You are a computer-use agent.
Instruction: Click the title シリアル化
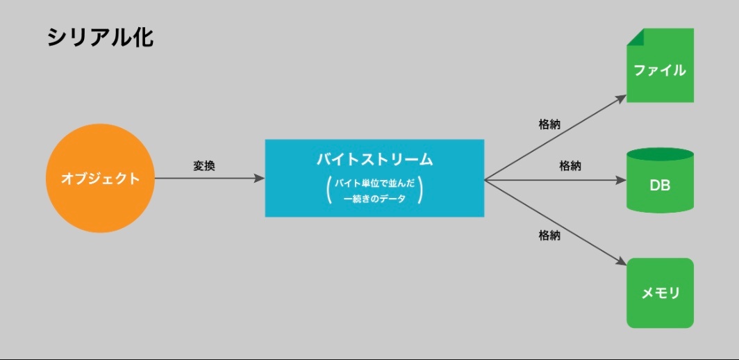[x=100, y=37]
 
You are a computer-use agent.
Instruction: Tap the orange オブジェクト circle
[x=100, y=179]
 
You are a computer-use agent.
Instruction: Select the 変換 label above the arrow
[x=204, y=166]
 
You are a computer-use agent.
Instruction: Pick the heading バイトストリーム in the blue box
[x=374, y=159]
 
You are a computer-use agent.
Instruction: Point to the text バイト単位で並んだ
[x=374, y=183]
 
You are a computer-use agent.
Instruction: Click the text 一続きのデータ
[x=374, y=198]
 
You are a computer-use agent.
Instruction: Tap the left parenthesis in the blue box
[x=329, y=190]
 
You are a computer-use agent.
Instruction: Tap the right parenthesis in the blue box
[x=420, y=190]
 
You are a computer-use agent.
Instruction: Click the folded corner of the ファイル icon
[x=635, y=36]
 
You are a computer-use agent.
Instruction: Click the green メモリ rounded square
[x=660, y=293]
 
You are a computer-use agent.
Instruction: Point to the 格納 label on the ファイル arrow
[x=549, y=124]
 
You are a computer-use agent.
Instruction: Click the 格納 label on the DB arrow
[x=570, y=166]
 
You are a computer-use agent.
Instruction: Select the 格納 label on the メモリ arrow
[x=549, y=235]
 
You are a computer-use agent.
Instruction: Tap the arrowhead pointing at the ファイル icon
[x=622, y=98]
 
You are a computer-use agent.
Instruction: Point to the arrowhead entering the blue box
[x=260, y=179]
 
